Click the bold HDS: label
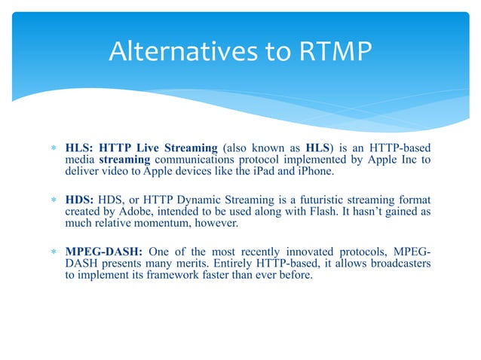(x=79, y=199)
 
